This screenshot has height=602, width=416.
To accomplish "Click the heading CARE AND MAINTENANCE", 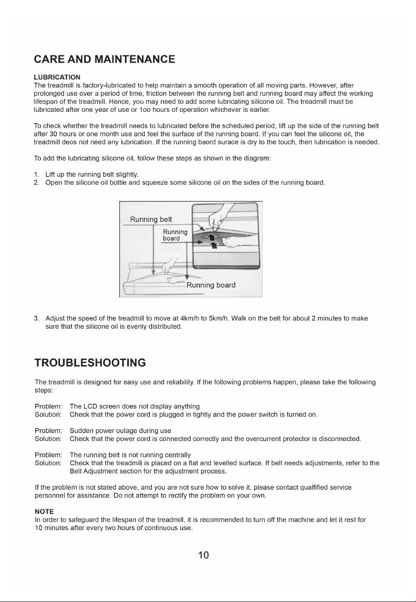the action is pos(104,59).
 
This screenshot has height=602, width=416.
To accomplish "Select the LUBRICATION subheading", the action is pos(57,77).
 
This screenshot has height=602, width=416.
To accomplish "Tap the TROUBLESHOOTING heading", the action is pos(90,362).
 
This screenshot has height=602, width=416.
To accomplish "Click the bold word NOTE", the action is pos(45,512).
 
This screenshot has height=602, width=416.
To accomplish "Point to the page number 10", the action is pos(203,555).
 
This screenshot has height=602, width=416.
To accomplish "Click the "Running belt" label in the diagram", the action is pos(151,219).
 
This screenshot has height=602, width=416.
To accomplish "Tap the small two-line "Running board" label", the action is pos(175,235).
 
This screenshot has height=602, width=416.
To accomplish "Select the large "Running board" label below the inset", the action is pos(211,285).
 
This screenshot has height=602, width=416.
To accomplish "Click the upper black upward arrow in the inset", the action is pos(212,237).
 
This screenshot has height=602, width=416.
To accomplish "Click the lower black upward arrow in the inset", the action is pos(214,245).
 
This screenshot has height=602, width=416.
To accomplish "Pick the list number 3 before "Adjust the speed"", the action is pos(36,318).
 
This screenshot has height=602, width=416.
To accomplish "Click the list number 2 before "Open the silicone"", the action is pos(36,183).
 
